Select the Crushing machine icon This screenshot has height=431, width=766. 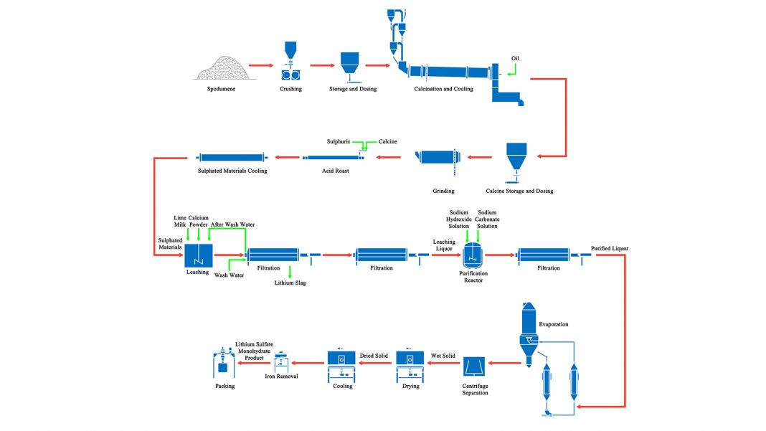pyautogui.click(x=290, y=63)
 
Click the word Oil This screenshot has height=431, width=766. pyautogui.click(x=515, y=57)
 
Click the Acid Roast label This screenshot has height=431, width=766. pyautogui.click(x=332, y=171)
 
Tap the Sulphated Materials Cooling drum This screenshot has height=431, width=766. pyautogui.click(x=232, y=158)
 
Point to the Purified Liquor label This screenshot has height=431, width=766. pyautogui.click(x=610, y=248)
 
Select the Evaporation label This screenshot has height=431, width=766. pyautogui.click(x=553, y=324)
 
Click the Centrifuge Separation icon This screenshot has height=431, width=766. pyautogui.click(x=476, y=367)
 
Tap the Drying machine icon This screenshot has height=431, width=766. pyautogui.click(x=410, y=362)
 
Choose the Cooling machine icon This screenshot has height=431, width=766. pyautogui.click(x=342, y=362)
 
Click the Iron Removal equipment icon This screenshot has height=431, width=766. pyautogui.click(x=282, y=361)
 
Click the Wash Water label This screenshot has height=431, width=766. pyautogui.click(x=229, y=275)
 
